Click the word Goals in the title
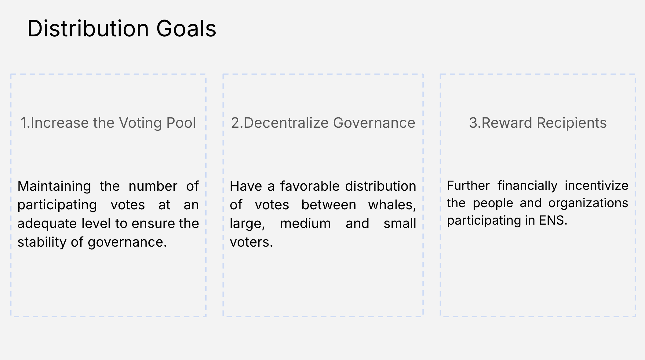point(186,28)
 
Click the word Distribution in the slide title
point(88,28)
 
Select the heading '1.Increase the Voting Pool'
point(108,123)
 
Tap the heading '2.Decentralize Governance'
point(323,123)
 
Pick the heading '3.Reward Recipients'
point(538,123)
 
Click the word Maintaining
point(54,186)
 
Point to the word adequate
point(47,224)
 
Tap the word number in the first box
point(153,186)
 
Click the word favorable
point(310,186)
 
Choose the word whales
point(392,205)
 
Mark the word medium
point(305,224)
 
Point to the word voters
point(251,242)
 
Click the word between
point(329,205)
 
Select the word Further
point(468,186)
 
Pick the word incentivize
point(596,186)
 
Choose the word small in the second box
point(400,224)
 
